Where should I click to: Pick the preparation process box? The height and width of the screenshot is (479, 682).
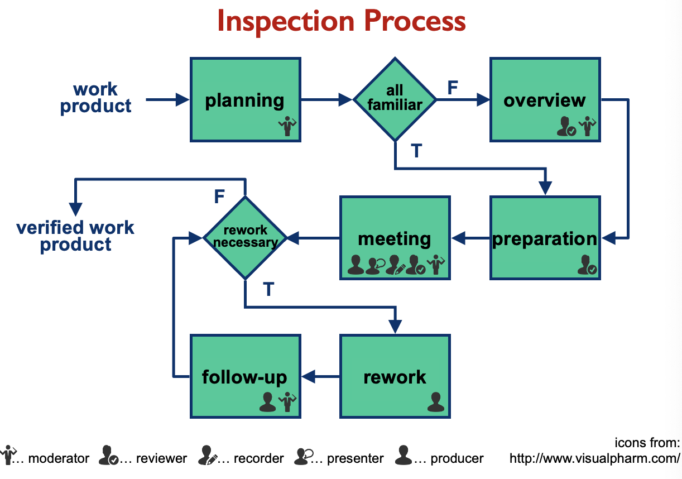[545, 238]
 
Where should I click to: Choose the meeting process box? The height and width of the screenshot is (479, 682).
[395, 238]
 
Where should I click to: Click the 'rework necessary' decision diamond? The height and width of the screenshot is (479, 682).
[245, 238]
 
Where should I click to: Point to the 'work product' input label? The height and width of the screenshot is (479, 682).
[95, 98]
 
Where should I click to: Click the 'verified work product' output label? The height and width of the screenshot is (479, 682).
[75, 236]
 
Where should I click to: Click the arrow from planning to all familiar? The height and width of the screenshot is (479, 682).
[326, 100]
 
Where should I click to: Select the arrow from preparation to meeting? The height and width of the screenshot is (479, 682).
[470, 239]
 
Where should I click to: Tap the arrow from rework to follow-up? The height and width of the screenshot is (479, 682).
[321, 377]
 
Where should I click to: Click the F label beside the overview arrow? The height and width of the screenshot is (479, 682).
[453, 88]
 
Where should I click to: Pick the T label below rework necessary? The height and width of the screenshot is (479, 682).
[268, 290]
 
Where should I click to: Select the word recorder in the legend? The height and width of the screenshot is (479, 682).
[258, 459]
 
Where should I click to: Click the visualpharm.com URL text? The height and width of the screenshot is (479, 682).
[594, 459]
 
